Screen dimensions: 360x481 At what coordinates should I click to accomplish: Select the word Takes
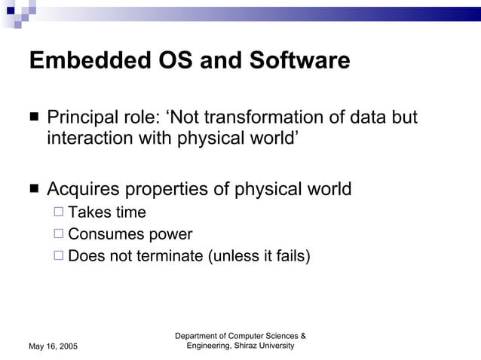[90, 213]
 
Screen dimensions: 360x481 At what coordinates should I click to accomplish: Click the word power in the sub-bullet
[169, 235]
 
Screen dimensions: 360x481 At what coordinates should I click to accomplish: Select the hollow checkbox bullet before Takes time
[59, 213]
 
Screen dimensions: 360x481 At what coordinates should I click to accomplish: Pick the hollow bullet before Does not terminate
[59, 256]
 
